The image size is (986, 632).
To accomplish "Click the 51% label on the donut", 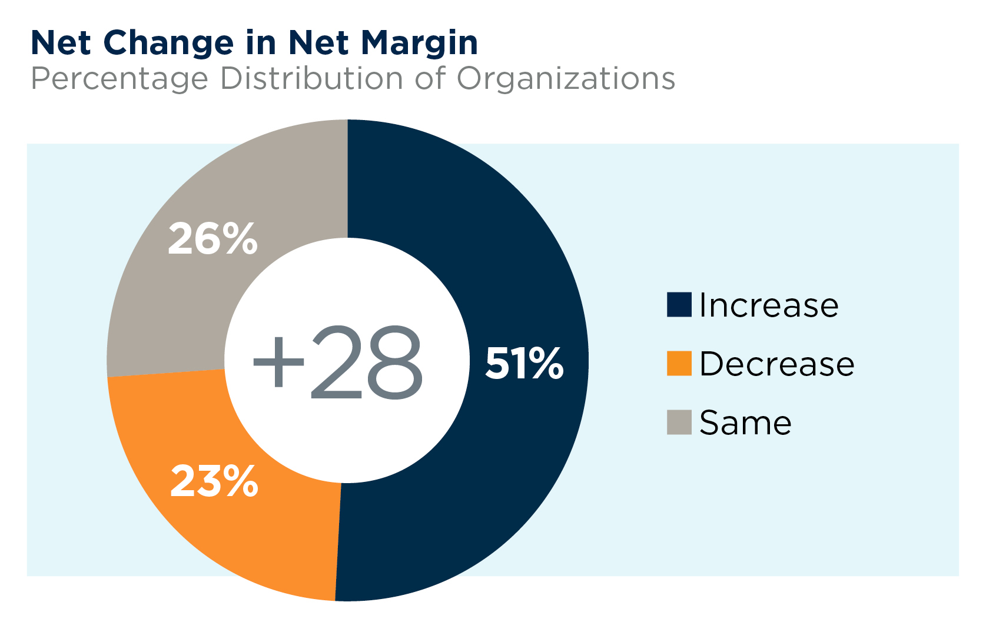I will pos(523,363).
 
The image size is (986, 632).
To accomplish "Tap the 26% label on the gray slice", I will pos(213,239).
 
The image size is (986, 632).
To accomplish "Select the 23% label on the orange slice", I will pos(214,481).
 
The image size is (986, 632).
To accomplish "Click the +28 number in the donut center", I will pos(338,363).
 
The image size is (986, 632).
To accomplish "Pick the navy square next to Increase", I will pos(679,305).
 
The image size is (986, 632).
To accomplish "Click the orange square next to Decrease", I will pos(679,364).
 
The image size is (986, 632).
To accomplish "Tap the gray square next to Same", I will pos(679,423).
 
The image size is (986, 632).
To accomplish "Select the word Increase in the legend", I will pos(769,305).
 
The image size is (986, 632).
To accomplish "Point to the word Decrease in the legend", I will pos(777,364).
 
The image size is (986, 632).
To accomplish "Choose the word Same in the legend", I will pos(745,423).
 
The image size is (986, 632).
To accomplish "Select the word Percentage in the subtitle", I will pos(119,79).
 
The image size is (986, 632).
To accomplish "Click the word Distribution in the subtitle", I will pos(312,78).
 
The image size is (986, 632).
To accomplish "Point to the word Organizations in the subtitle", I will pos(566,79).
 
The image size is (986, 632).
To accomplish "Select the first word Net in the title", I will pos(61,43).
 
